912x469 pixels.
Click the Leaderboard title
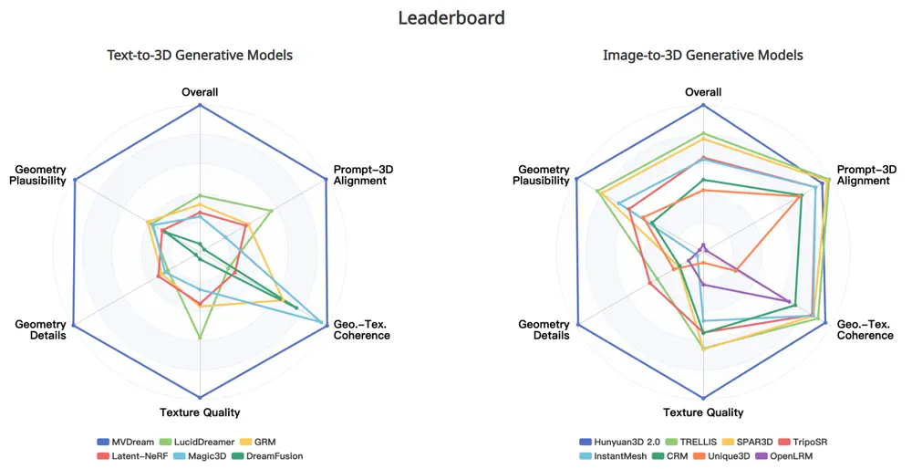pos(451,17)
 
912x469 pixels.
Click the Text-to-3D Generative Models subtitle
pos(200,56)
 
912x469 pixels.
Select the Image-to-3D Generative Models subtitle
pos(703,56)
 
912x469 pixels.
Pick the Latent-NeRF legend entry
pos(133,455)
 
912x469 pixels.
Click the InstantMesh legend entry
pos(620,455)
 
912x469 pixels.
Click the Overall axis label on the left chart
pos(200,92)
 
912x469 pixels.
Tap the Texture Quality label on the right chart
pos(703,412)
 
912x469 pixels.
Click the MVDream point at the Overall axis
pos(200,107)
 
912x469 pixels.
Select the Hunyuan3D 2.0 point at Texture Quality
pos(703,398)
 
